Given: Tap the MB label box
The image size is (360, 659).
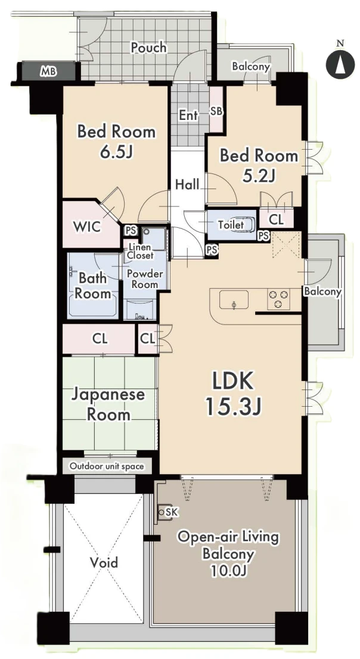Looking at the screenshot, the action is pyautogui.click(x=49, y=72).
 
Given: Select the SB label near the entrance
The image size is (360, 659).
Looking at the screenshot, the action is pyautogui.click(x=216, y=112).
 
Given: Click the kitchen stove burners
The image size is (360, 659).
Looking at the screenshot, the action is pyautogui.click(x=278, y=299).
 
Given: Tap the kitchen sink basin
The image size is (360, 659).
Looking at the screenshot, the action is pyautogui.click(x=234, y=300).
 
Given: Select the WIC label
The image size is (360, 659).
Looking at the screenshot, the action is pyautogui.click(x=87, y=227).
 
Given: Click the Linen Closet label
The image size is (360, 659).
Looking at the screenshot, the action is pyautogui.click(x=140, y=251).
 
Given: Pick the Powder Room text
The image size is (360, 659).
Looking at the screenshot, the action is pyautogui.click(x=145, y=279).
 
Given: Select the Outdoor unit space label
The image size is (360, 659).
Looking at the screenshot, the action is pyautogui.click(x=107, y=466).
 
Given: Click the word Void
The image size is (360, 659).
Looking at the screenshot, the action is pyautogui.click(x=104, y=562).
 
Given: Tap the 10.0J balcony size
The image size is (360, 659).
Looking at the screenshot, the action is pyautogui.click(x=228, y=571).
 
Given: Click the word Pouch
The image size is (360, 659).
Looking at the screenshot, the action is pyautogui.click(x=148, y=48).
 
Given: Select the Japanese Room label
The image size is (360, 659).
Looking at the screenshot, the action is pyautogui.click(x=108, y=404).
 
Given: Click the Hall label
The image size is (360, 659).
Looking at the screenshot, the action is pyautogui.click(x=187, y=184).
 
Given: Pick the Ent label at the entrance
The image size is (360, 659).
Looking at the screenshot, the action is pyautogui.click(x=188, y=115).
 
